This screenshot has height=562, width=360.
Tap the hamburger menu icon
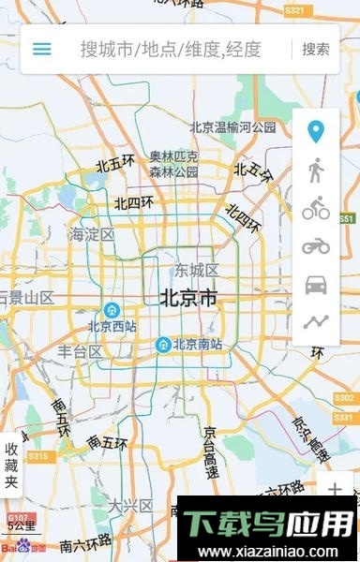coord(42,49)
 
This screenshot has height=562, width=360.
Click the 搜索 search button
coord(316,49)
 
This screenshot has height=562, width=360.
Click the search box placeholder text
coord(171,49)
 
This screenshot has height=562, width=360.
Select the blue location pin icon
coord(316,131)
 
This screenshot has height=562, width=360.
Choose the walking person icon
coord(316,170)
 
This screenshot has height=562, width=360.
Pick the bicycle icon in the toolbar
coord(316,210)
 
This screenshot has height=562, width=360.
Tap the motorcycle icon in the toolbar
coord(316,246)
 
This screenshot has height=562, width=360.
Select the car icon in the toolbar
coord(316,285)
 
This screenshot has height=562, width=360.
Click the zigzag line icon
coord(316,322)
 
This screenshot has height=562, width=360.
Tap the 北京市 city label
coord(188,299)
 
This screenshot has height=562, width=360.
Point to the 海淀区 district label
coord(91,234)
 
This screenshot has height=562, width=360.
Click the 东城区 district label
coord(196,272)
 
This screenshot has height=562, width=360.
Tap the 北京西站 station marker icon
coord(112,309)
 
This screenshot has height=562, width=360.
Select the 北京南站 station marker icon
coord(164,345)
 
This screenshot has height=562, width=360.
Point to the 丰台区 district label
coord(81,351)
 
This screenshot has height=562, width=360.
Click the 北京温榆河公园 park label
coord(232,127)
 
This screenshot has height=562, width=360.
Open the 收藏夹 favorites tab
coord(11,466)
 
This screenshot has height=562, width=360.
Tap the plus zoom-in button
coord(335,488)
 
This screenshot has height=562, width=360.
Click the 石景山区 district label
coord(26,298)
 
